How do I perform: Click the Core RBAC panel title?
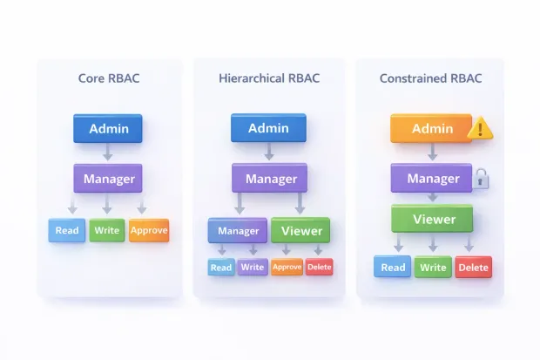pyautogui.click(x=108, y=78)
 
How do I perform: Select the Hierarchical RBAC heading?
pyautogui.click(x=269, y=78)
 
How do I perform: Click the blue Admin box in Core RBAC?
pyautogui.click(x=108, y=129)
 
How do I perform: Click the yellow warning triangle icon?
pyautogui.click(x=480, y=130)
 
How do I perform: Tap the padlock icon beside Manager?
pyautogui.click(x=480, y=180)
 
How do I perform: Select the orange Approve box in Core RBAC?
pyautogui.click(x=149, y=231)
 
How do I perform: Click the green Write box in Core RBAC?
pyautogui.click(x=108, y=231)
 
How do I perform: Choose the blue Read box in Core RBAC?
pyautogui.click(x=67, y=231)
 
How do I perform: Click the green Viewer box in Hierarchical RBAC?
pyautogui.click(x=300, y=231)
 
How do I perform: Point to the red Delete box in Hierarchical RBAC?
pyautogui.click(x=320, y=267)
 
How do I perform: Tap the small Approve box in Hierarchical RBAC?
pyautogui.click(x=287, y=267)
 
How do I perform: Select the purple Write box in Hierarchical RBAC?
pyautogui.click(x=253, y=267)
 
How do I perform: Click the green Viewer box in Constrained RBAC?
pyautogui.click(x=432, y=219)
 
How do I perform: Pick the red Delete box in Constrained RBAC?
pyautogui.click(x=473, y=267)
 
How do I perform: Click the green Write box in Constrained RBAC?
pyautogui.click(x=433, y=267)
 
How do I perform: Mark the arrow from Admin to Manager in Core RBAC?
pyautogui.click(x=108, y=153)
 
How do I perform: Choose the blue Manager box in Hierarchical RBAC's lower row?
pyautogui.click(x=237, y=231)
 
